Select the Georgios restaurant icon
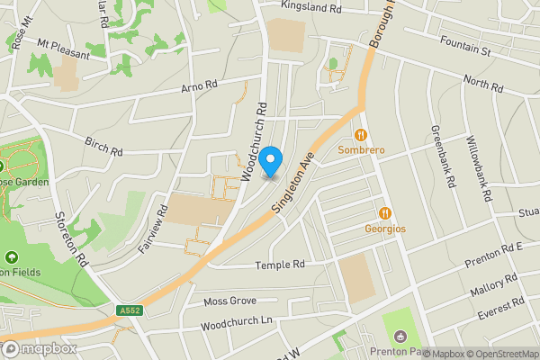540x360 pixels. (384, 213)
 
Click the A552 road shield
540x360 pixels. (129, 310)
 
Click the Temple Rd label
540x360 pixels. (281, 265)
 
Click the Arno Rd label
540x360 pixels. (200, 87)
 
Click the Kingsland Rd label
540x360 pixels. (312, 8)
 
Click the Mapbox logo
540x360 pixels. (39, 348)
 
